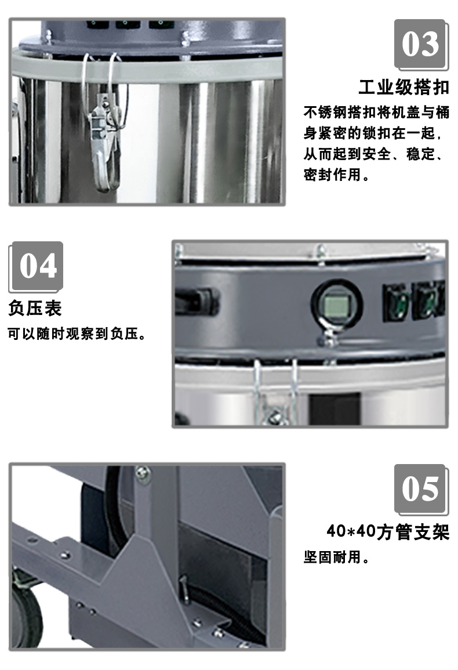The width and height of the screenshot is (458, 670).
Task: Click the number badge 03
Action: pyautogui.click(x=421, y=44)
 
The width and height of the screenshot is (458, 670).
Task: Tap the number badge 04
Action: pyautogui.click(x=37, y=266)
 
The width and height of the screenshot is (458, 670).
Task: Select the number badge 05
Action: pyautogui.click(x=421, y=489)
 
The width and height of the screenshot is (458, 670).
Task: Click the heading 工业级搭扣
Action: pyautogui.click(x=404, y=87)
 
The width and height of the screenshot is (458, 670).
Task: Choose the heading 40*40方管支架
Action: pyautogui.click(x=388, y=533)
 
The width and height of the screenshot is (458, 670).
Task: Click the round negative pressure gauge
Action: pyautogui.click(x=337, y=305)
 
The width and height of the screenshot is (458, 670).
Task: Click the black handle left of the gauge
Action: pyautogui.click(x=197, y=300)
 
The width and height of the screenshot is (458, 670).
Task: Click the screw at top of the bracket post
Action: pyautogui.click(x=143, y=473)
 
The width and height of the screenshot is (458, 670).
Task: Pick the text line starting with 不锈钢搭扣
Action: pyautogui.click(x=376, y=113)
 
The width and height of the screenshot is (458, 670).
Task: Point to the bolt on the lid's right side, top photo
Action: pyautogui.click(x=185, y=39)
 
